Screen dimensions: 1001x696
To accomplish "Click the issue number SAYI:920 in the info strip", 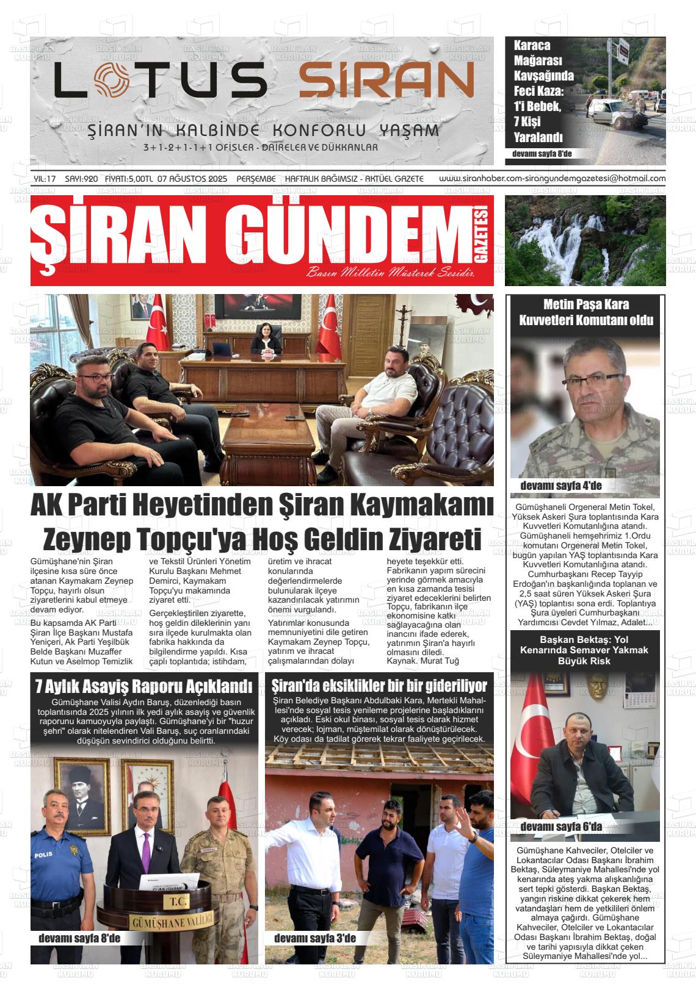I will click(x=81, y=179).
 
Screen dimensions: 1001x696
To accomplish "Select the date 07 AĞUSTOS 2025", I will click(x=192, y=179).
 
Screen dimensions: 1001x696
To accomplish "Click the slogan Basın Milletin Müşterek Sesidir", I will click(x=391, y=272).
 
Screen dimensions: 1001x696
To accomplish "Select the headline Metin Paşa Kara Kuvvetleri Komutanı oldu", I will click(x=585, y=312).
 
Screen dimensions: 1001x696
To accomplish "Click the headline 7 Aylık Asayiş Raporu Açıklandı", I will click(x=143, y=686).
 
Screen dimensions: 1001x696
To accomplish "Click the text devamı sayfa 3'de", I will click(x=314, y=938).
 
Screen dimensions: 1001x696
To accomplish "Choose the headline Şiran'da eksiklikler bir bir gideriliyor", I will click(x=379, y=684).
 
